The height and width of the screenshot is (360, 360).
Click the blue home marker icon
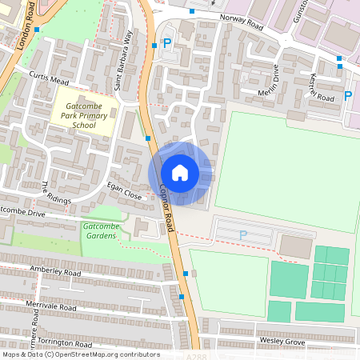pos(179,173)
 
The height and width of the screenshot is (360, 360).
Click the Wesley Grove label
pos(282,342)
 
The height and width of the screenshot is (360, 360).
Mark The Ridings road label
pos(55,192)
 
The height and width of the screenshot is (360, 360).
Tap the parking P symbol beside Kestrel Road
pos(347,95)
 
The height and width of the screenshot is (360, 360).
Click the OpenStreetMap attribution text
pos(80,354)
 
